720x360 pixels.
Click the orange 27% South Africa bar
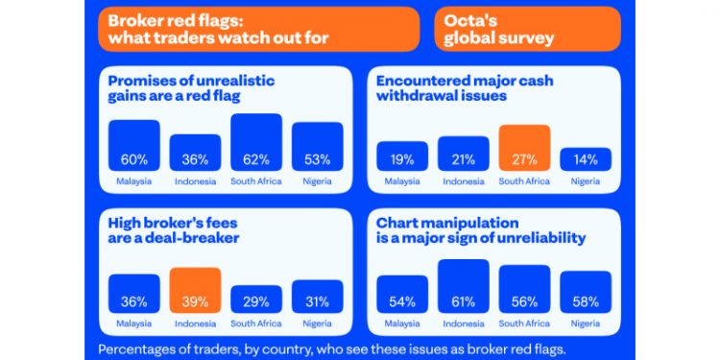[x=524, y=148]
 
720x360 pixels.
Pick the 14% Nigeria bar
[x=585, y=156]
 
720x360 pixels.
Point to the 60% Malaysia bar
[x=134, y=146]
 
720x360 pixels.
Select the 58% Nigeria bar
[x=585, y=295]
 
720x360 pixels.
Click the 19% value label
[x=402, y=159]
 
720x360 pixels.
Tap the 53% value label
[x=317, y=159]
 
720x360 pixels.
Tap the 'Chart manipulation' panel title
[x=480, y=229]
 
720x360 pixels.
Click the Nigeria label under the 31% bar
[x=317, y=323]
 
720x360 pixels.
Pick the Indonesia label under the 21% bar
[x=463, y=180]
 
